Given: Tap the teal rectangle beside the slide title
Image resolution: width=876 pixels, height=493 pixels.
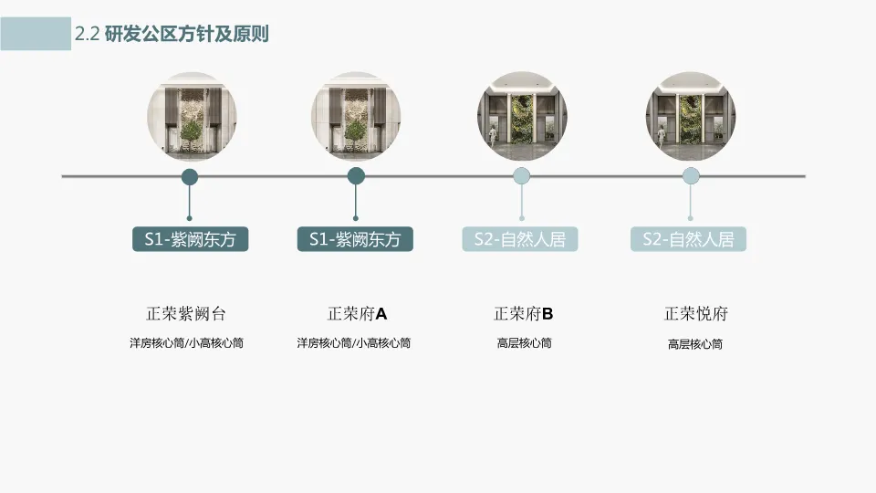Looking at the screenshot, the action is coord(36,33).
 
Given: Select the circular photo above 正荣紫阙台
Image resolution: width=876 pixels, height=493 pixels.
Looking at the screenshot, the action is coord(191,118).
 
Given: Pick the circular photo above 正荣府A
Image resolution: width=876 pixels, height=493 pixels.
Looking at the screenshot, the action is coord(356,118).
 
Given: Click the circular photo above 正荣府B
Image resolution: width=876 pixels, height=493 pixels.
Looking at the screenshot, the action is coord(521,118).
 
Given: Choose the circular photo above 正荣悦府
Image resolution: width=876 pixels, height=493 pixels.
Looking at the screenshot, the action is coord(691,118).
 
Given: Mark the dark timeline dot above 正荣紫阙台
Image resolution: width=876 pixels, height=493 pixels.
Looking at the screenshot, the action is coord(190,176).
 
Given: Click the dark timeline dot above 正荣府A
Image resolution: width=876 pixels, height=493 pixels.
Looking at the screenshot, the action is coord(356,176).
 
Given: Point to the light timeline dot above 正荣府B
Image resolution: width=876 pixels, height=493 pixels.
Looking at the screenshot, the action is coord(521,176).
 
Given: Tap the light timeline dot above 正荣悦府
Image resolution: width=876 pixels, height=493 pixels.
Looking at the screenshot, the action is coord(691,176).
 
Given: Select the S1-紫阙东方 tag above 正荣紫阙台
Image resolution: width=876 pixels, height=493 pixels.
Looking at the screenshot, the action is coord(190,239).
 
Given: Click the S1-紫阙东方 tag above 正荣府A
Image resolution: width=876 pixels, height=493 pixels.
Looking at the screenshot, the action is coord(355,239).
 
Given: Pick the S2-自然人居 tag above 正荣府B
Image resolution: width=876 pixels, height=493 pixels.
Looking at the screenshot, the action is coord(520,239).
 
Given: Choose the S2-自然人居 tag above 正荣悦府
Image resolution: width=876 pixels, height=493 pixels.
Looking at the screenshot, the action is coord(688,239).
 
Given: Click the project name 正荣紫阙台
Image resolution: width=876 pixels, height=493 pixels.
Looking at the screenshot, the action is coord(186,314).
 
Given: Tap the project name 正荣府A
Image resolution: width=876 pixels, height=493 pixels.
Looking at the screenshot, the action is coord(357,314).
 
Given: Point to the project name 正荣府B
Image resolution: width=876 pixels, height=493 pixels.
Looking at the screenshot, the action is coord(524,314).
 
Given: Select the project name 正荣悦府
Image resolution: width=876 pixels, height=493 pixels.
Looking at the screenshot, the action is coord(695,314).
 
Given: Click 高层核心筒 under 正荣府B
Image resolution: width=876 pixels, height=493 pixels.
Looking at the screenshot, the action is coord(524,343).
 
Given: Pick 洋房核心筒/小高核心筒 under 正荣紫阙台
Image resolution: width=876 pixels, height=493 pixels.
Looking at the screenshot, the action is coord(186,343).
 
